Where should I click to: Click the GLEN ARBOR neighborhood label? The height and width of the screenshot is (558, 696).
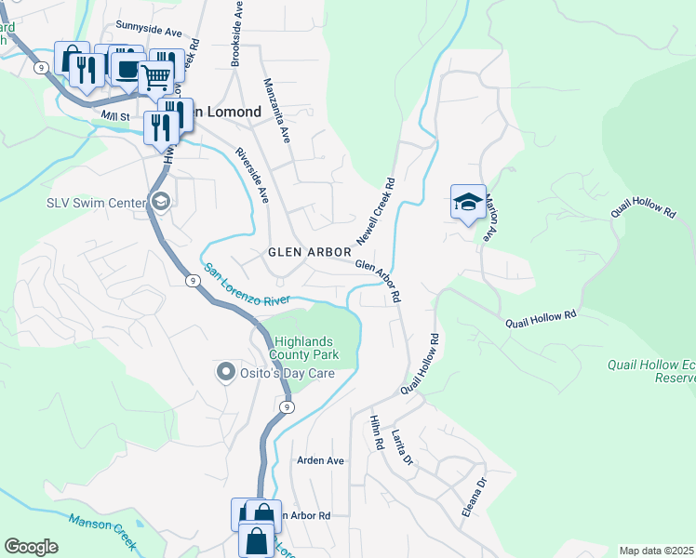309,252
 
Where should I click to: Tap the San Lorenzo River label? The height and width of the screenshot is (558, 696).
247,285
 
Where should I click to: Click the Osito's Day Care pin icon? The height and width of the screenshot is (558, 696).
224,373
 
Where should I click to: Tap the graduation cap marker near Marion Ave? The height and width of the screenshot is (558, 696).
467,202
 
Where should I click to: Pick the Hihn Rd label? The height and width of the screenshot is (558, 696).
376,432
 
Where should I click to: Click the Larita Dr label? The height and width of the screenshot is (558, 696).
401,447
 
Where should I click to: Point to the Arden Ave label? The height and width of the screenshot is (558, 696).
320,460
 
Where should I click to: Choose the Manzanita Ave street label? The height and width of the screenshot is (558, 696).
276,110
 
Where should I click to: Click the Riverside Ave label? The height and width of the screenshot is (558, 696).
252,176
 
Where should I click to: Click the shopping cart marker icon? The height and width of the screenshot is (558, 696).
156,77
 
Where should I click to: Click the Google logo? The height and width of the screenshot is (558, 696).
31,547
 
